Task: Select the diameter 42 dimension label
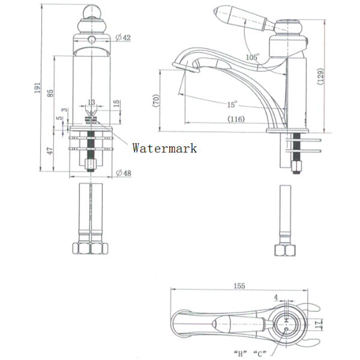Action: tap(124, 37)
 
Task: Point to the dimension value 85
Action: tap(50, 92)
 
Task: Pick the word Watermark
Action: tap(164, 147)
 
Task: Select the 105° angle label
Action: tap(253, 57)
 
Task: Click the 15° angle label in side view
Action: tap(232, 104)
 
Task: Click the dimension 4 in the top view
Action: tap(275, 297)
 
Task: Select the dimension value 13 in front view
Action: tap(91, 102)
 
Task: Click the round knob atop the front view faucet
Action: tap(91, 25)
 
